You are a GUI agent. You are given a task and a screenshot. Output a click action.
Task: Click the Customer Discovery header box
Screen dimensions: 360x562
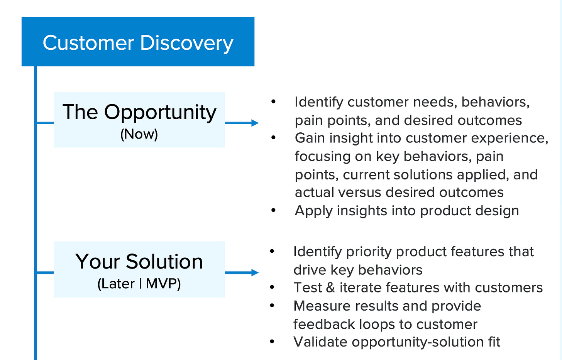(x=138, y=42)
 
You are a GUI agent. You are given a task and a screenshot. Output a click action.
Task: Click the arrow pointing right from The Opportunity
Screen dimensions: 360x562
(x=242, y=123)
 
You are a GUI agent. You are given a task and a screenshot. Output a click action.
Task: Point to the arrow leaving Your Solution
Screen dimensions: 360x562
(x=242, y=273)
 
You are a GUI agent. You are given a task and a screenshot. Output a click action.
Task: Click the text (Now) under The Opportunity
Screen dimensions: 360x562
(x=139, y=134)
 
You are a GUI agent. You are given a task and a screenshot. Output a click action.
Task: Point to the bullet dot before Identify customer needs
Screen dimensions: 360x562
(x=274, y=102)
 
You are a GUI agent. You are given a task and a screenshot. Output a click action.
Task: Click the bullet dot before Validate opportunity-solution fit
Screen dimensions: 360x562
(x=273, y=342)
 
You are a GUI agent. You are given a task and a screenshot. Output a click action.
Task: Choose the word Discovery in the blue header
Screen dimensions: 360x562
(x=187, y=43)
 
